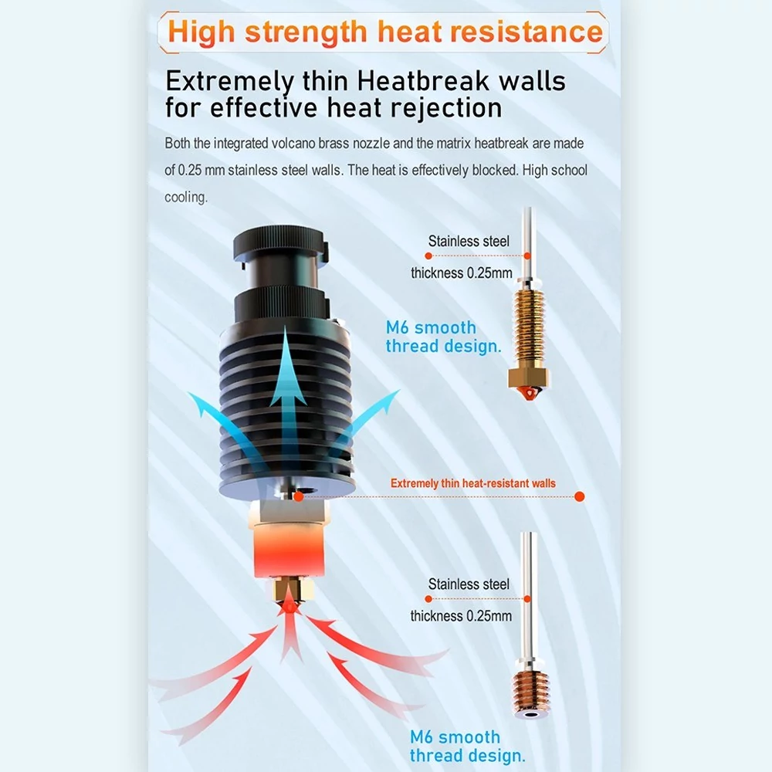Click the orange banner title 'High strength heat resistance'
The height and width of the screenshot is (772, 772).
[385, 32]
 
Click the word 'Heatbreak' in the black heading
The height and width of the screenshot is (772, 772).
[423, 81]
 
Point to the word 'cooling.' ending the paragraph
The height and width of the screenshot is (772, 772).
[186, 198]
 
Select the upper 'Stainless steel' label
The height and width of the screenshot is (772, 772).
[469, 241]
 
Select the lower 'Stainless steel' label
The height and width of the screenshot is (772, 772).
[469, 584]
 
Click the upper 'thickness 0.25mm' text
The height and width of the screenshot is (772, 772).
[462, 273]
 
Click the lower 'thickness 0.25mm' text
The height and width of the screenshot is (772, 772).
[461, 616]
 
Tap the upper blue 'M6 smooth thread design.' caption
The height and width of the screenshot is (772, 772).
[443, 337]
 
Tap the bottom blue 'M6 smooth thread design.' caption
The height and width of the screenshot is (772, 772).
[467, 747]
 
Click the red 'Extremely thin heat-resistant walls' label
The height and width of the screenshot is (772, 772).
[473, 483]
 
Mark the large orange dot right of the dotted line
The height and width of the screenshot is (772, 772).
[580, 496]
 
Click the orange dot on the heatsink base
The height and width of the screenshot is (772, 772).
[298, 496]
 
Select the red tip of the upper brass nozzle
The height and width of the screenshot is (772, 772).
[529, 394]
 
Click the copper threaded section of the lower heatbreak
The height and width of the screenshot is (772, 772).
[530, 689]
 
